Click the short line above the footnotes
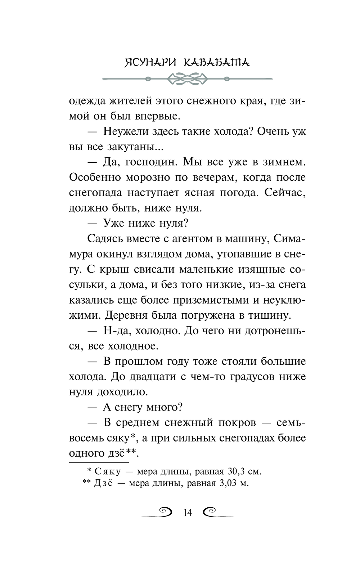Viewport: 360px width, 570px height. [x=99, y=462]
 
